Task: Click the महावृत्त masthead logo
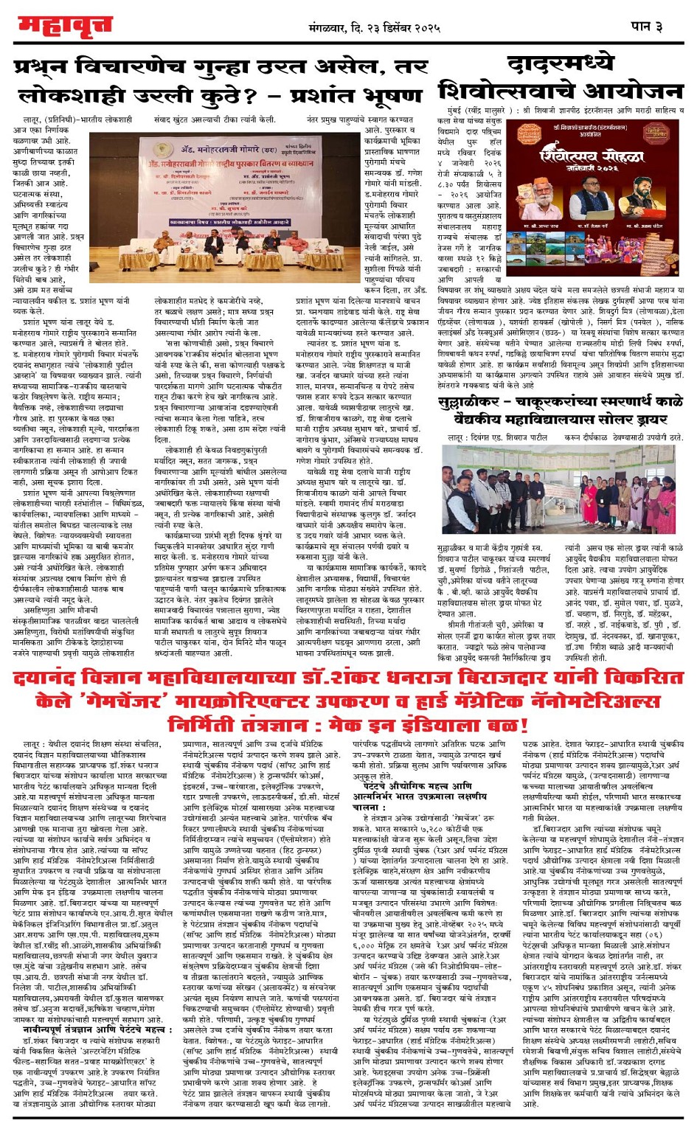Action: [65, 27]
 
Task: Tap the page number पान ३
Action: [647, 27]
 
